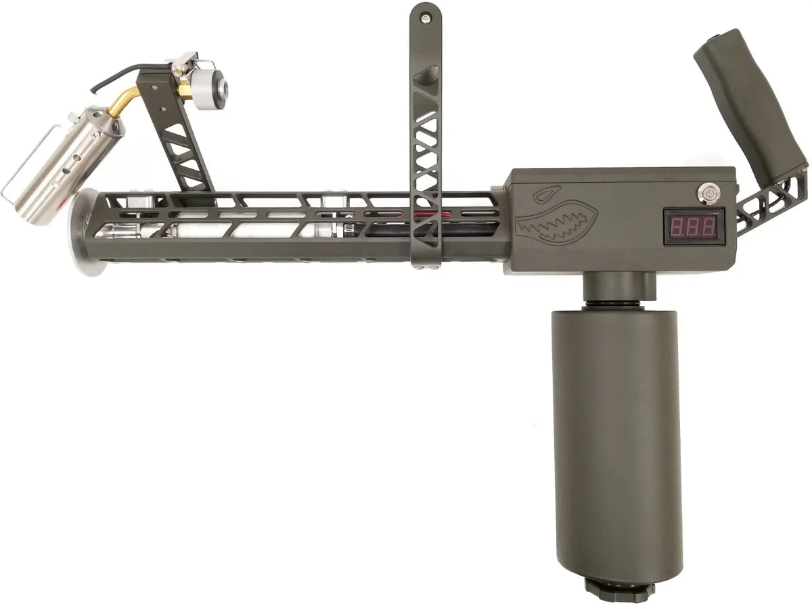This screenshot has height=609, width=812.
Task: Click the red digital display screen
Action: point(690,222)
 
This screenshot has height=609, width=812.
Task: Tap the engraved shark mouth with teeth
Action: point(556,223)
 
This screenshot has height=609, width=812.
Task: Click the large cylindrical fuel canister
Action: point(616,440)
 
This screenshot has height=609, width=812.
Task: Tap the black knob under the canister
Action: point(620,586)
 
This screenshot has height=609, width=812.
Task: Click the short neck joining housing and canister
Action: point(618,288)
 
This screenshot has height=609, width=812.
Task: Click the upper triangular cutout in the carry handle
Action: point(427,74)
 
